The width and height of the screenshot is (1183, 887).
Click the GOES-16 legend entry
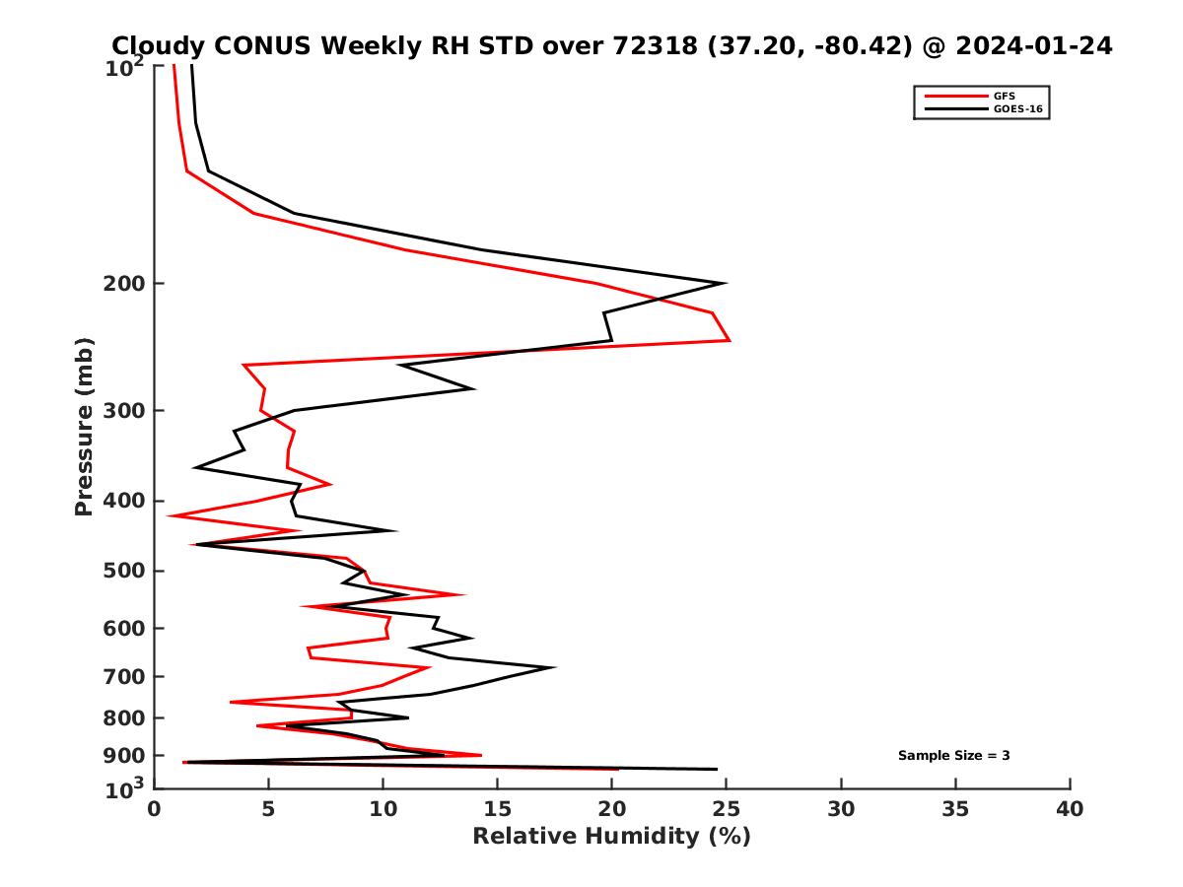click(1017, 108)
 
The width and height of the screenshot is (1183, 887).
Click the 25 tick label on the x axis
click(727, 809)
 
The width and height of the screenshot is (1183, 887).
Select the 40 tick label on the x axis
click(1070, 809)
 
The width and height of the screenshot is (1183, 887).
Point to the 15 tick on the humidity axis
click(497, 809)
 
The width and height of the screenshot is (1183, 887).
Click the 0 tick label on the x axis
click(154, 809)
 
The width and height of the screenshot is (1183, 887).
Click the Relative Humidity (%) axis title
click(611, 837)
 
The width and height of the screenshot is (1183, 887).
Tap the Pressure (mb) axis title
click(84, 426)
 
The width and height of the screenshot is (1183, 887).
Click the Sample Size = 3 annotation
click(953, 756)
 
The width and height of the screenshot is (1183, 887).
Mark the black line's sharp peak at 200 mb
click(726, 284)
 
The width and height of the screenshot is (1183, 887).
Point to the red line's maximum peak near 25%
click(730, 340)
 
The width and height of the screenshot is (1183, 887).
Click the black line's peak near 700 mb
click(555, 667)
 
